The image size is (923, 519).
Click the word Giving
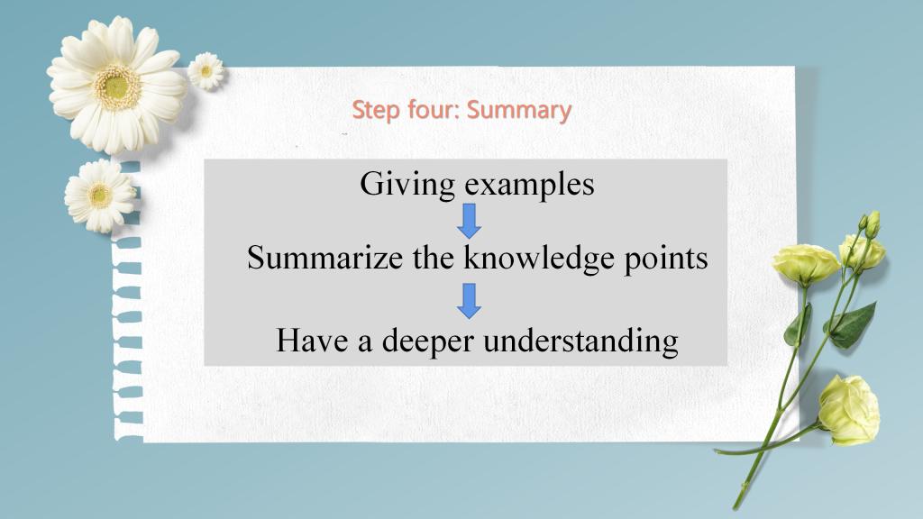point(407,184)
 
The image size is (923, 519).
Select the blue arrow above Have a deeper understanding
point(469,301)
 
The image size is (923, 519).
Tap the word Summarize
point(324,258)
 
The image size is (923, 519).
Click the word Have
point(312,340)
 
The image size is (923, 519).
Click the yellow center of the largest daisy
point(117,87)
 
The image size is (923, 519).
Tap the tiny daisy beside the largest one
point(206,71)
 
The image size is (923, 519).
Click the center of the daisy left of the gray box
point(100,195)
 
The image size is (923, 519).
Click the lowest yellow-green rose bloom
point(849,410)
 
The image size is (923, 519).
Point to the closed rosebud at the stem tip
point(873,224)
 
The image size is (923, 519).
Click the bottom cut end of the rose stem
point(736,506)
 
